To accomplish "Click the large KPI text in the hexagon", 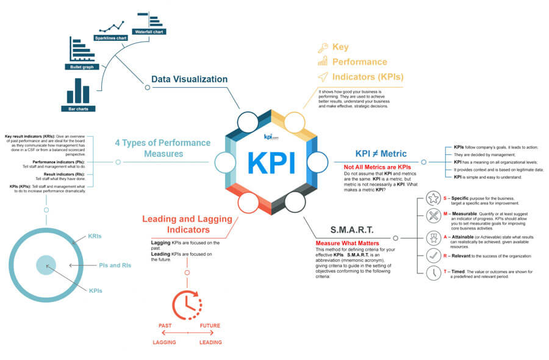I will pos(271,162).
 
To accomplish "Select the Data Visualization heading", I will pos(189,79).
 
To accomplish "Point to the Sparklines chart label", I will pos(110,38).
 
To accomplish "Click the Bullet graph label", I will pos(81,67).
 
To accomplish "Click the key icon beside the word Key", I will pos(322,48).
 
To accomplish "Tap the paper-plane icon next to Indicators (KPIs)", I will pos(322,76).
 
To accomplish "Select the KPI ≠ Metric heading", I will pos(381,154).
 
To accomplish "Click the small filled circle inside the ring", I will pos(46,265).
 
